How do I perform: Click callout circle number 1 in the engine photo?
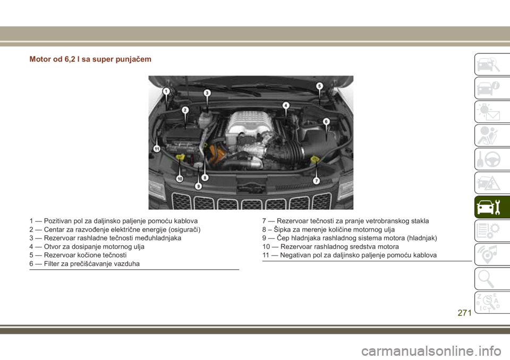(x=166, y=91)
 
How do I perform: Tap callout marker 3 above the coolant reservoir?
(x=207, y=93)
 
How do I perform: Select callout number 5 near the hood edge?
(x=319, y=86)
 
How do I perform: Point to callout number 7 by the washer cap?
(x=316, y=181)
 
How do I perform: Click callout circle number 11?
(x=157, y=149)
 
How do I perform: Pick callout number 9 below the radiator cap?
(x=198, y=186)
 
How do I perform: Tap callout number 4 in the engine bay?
(x=286, y=105)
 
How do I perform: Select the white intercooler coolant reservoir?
(x=205, y=119)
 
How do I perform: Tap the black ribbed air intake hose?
(x=294, y=151)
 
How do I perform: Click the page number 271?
(x=464, y=313)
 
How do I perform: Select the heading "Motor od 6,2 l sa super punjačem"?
(x=90, y=59)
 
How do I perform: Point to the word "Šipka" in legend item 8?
(x=282, y=229)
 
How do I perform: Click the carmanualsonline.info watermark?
(x=431, y=351)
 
